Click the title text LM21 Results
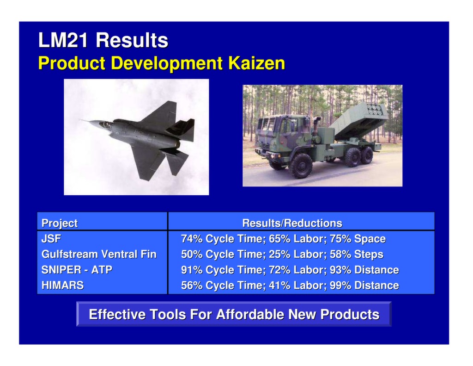103,40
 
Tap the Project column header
60,223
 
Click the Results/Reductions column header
292,223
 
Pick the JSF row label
51,239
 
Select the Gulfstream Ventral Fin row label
99,254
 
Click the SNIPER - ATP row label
77,270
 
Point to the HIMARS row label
63,285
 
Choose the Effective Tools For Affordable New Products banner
234,315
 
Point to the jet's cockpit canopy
106,124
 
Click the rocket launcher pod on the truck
358,118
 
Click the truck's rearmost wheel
367,155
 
